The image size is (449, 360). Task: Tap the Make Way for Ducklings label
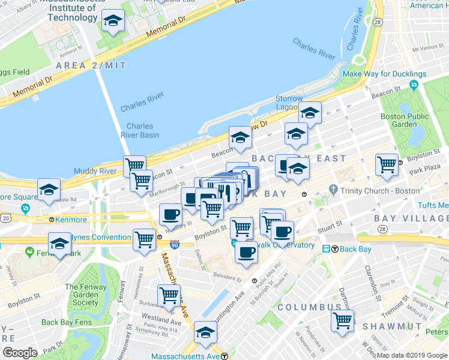click(384, 74)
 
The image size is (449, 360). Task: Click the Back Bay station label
click(354, 249)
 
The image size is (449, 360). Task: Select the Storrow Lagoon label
click(289, 103)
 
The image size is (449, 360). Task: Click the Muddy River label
click(95, 171)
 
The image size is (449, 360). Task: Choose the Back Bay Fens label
click(66, 322)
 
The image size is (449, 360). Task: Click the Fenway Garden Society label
click(81, 295)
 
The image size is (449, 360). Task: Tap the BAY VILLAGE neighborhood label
click(411, 218)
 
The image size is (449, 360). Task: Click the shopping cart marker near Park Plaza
click(387, 164)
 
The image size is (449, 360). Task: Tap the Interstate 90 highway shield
click(175, 245)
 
